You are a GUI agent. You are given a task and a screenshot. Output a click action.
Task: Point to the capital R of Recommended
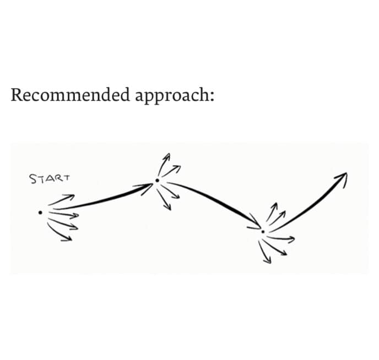coord(17,95)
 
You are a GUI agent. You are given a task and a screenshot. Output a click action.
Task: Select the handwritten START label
coord(50,178)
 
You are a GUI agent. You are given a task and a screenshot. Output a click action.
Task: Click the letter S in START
coord(33,179)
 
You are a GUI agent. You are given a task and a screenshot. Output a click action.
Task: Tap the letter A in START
coord(49,178)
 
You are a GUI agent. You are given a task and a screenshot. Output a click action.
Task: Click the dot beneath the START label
coord(40,212)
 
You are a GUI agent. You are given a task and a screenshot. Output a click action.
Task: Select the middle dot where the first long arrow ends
coord(157,180)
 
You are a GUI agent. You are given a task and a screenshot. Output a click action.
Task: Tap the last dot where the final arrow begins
coord(263,232)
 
